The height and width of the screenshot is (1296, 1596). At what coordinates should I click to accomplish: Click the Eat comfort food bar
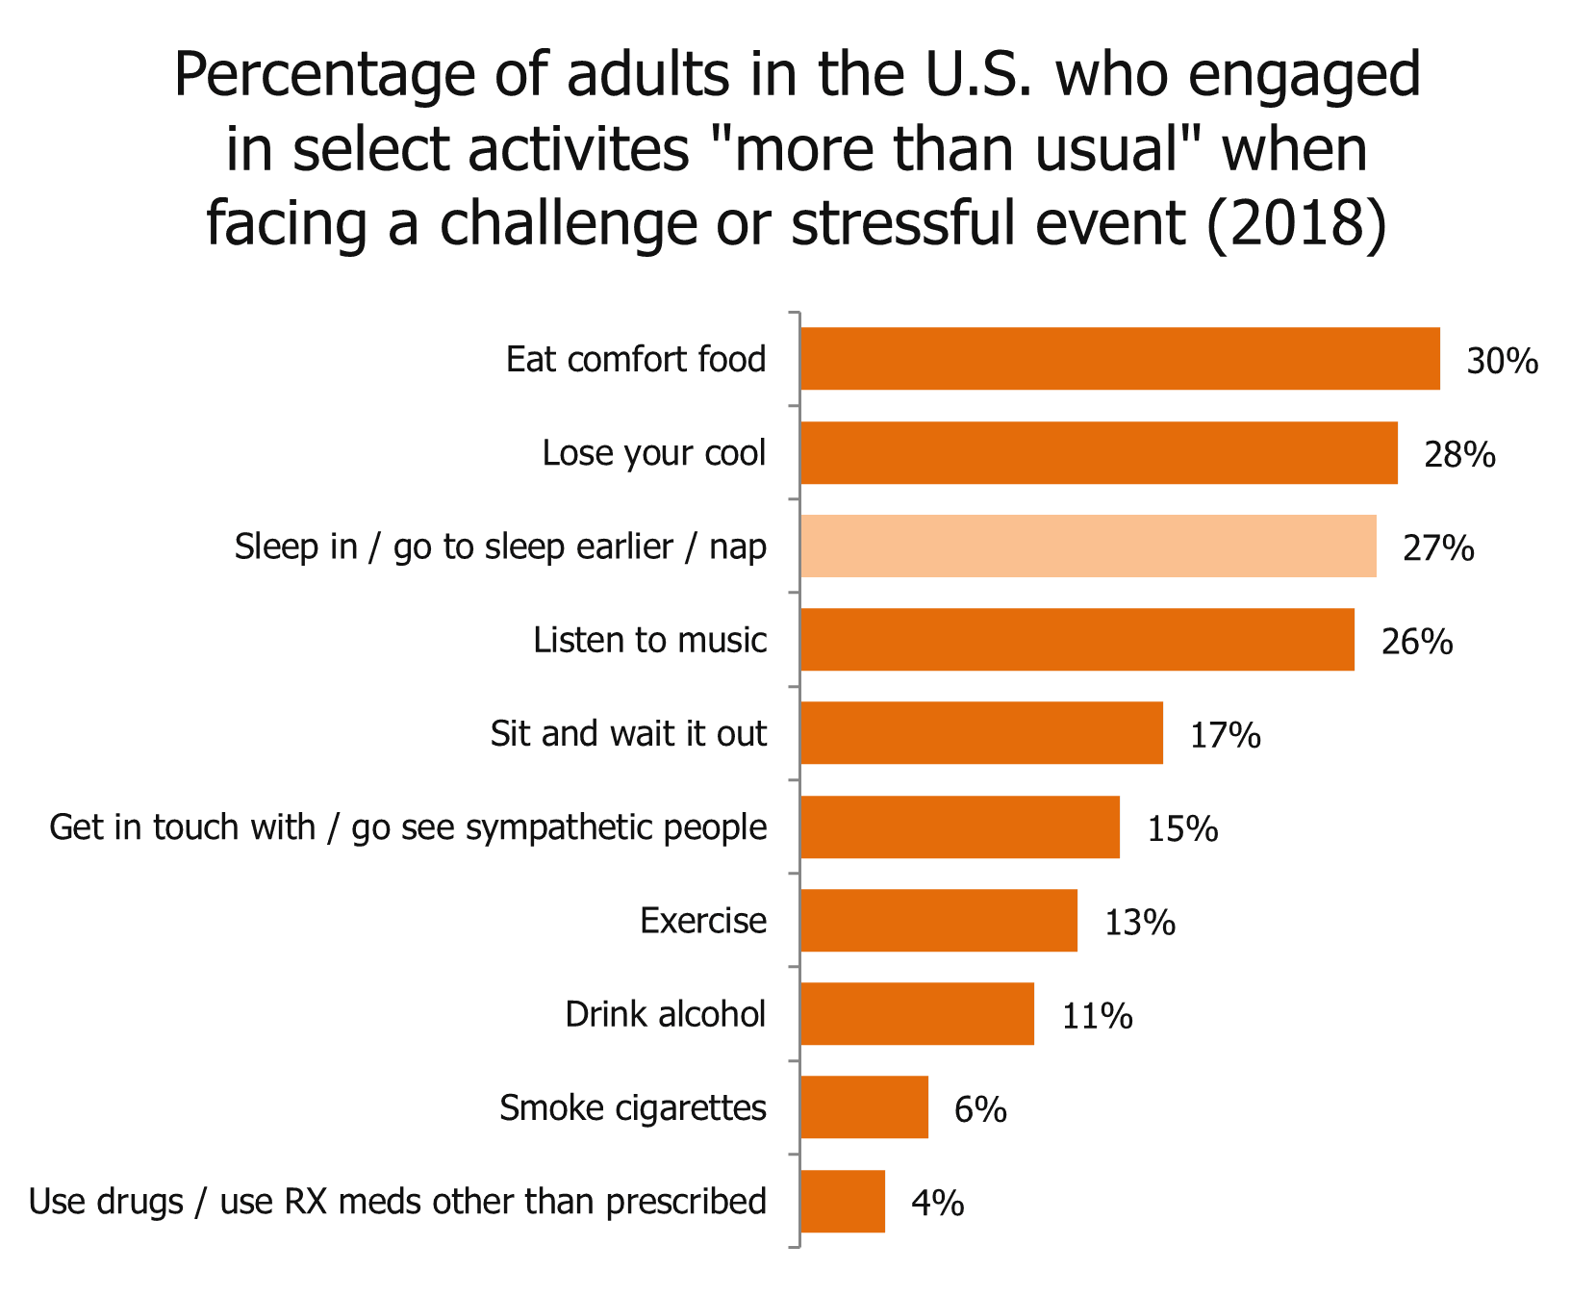coord(1120,359)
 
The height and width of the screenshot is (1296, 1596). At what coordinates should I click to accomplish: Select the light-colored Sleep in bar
coord(1088,546)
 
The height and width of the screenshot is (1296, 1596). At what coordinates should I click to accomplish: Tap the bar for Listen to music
coord(1077,640)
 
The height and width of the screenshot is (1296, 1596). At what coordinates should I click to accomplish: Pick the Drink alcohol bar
coord(917,1014)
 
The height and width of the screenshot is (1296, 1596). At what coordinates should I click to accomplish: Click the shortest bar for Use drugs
coord(843,1201)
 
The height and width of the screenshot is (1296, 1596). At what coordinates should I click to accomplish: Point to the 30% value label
coord(1502,361)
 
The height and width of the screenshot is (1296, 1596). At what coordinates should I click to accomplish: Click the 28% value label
coord(1459,454)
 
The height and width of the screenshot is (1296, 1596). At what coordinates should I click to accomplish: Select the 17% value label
coord(1225,735)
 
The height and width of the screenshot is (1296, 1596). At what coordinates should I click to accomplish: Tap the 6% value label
coord(979,1109)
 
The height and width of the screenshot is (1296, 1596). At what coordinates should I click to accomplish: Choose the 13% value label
coord(1139,923)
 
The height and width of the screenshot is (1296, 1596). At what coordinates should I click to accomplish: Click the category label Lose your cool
coord(654,452)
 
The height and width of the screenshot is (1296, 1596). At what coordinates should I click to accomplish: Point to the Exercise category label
coord(703,921)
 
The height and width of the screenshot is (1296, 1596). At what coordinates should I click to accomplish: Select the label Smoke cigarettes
coord(633,1108)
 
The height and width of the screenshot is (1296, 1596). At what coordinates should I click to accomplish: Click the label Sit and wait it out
coord(628,733)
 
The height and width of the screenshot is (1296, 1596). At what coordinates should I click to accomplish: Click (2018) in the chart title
coord(1296,223)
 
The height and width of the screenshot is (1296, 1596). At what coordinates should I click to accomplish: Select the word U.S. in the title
coord(975,75)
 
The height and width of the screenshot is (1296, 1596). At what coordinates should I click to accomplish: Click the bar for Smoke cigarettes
coord(864,1107)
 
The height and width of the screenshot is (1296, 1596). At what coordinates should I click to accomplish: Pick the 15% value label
coord(1181,828)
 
